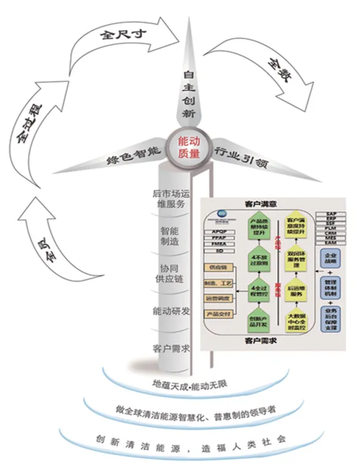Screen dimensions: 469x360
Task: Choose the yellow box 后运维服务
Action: pos(296,291)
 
